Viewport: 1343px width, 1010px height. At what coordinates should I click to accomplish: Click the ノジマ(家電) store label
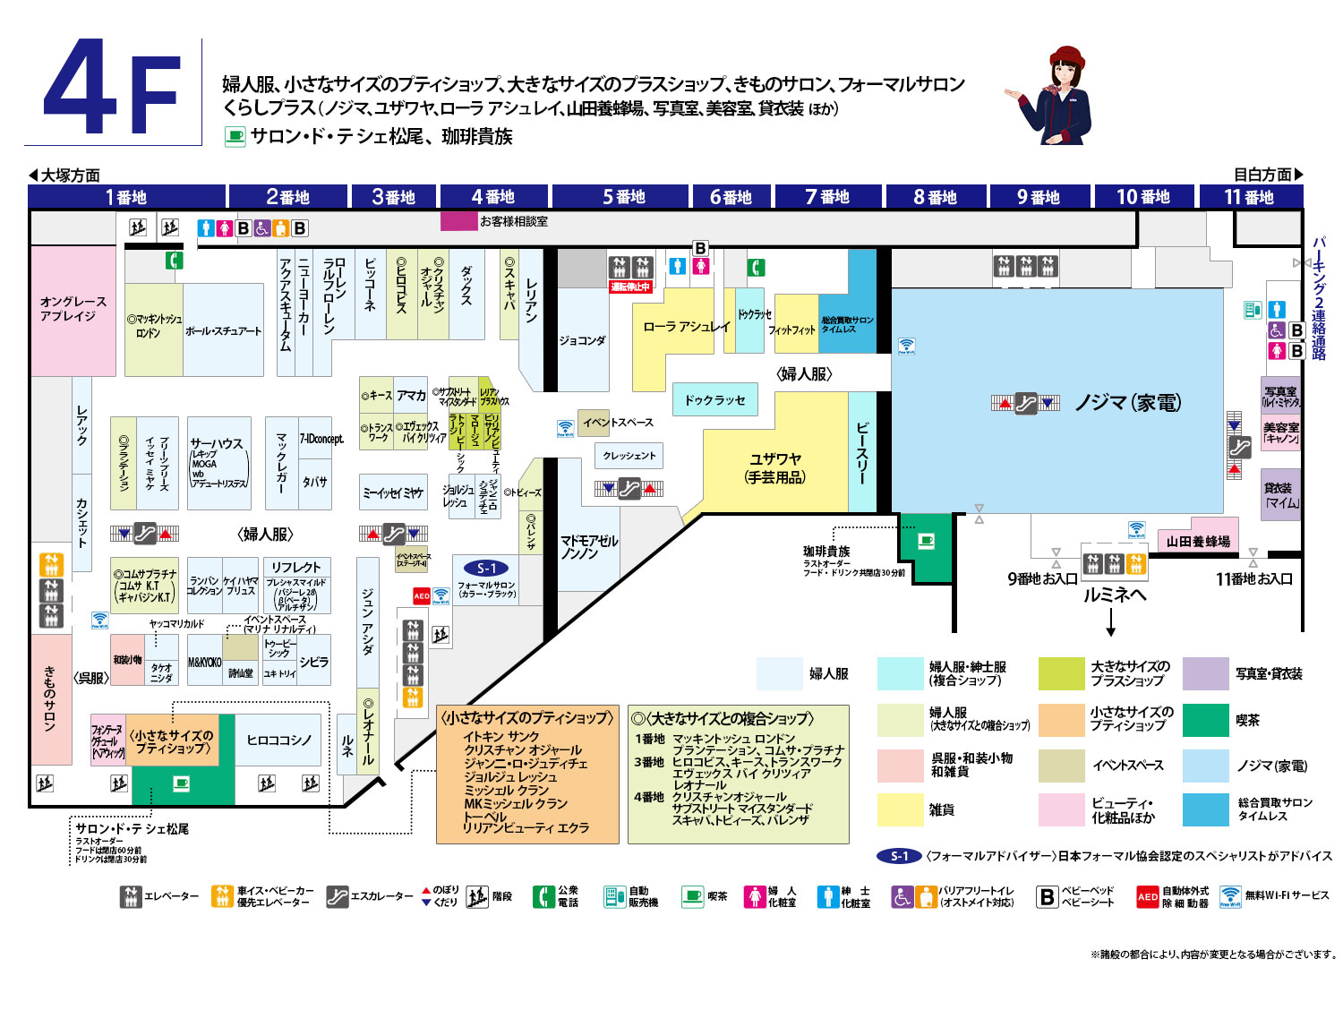coord(1127,403)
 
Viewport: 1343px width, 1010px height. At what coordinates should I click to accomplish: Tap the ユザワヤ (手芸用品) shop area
coord(775,467)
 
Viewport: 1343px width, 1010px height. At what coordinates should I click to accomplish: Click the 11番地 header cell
coord(1248,196)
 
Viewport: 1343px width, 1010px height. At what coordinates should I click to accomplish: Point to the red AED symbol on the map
coord(422,595)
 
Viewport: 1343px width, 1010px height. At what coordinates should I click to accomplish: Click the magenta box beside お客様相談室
coord(458,220)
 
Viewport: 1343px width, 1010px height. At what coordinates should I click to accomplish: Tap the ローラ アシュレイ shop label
coord(686,327)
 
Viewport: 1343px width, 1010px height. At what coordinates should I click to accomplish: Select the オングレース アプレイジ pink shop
coord(73,309)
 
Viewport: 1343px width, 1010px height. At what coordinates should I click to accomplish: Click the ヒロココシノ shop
coord(279,740)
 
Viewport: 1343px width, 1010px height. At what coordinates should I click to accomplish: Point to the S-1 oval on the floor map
coord(486,568)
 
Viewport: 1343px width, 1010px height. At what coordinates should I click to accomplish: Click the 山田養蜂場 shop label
coord(1198,541)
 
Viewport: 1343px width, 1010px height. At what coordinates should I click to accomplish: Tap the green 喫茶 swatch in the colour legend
coord(1205,720)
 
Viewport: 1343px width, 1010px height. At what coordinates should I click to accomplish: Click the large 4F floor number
coord(113,90)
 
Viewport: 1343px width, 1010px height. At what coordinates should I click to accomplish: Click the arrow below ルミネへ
coord(1111,621)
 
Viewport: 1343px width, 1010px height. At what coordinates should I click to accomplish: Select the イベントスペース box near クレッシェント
coord(618,423)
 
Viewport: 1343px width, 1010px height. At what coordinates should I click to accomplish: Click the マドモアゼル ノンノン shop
coord(588,547)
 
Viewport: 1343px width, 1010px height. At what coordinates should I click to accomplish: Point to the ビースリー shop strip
coord(862,452)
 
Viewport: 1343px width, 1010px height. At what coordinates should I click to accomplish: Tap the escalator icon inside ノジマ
coord(1025,404)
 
